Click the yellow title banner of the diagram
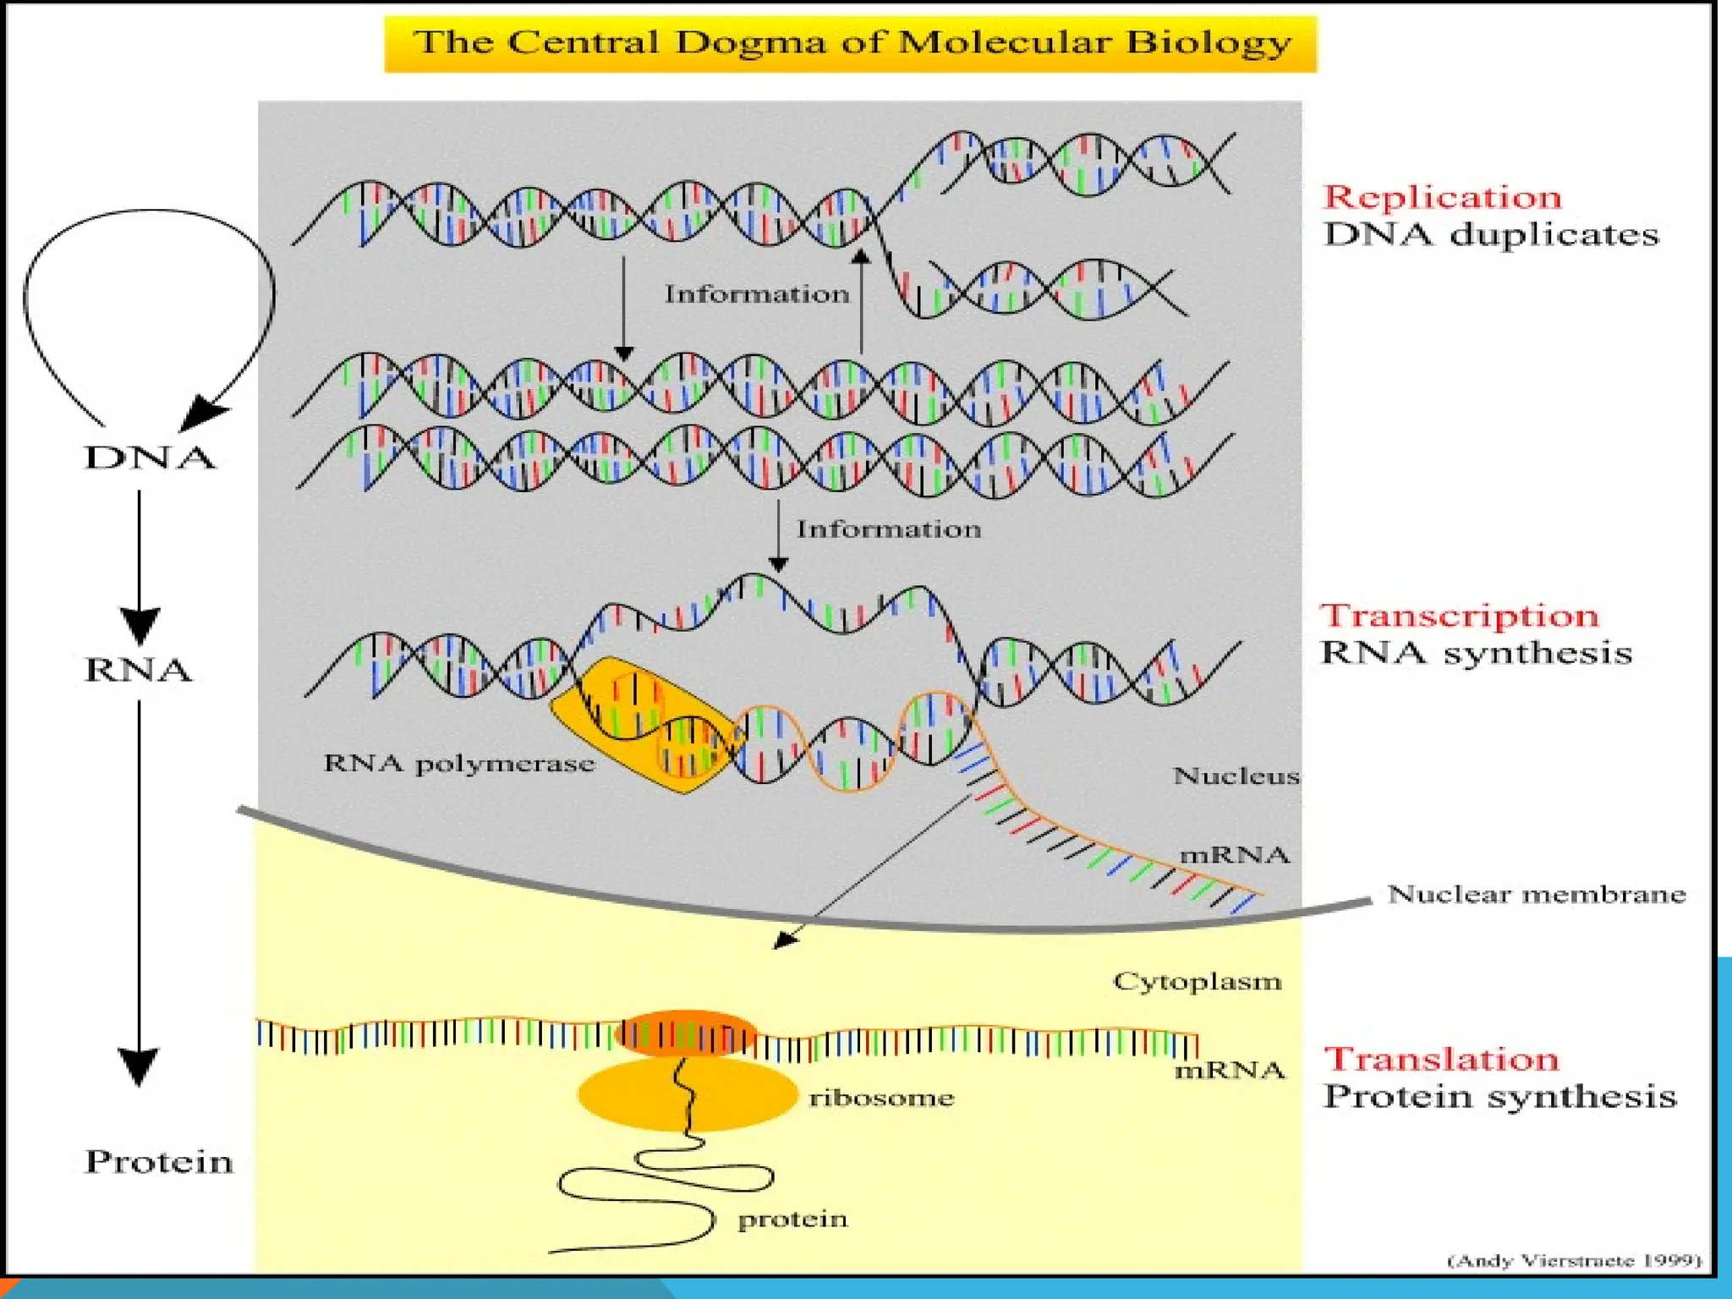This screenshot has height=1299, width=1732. [x=851, y=43]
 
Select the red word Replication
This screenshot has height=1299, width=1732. [x=1442, y=198]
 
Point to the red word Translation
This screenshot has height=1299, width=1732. [x=1441, y=1059]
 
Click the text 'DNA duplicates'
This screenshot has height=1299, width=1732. [x=1491, y=235]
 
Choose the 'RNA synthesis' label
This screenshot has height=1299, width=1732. [x=1477, y=653]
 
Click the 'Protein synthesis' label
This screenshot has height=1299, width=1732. [x=1499, y=1097]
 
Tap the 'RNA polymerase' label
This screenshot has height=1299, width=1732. [x=459, y=764]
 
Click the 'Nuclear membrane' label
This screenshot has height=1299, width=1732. [x=1537, y=894]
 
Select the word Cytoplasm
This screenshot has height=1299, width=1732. [x=1197, y=981]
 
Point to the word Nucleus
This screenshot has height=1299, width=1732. [x=1236, y=776]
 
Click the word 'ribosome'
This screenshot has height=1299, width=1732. [x=881, y=1098]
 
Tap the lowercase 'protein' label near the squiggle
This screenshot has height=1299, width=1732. [x=792, y=1219]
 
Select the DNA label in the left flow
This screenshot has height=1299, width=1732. [x=150, y=458]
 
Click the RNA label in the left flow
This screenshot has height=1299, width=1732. [x=139, y=670]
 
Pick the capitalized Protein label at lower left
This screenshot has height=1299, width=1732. [x=159, y=1161]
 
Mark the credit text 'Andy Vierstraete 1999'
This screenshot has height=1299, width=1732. [x=1575, y=1260]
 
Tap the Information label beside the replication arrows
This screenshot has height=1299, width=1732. [x=756, y=294]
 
